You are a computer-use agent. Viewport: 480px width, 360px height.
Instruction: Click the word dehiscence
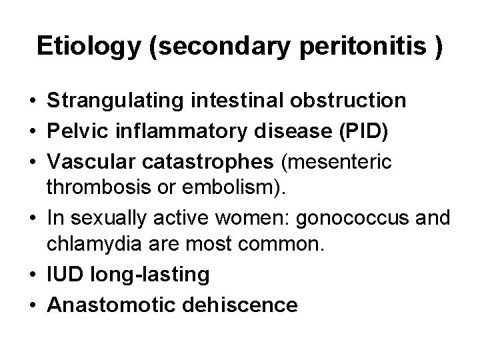tap(239, 305)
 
